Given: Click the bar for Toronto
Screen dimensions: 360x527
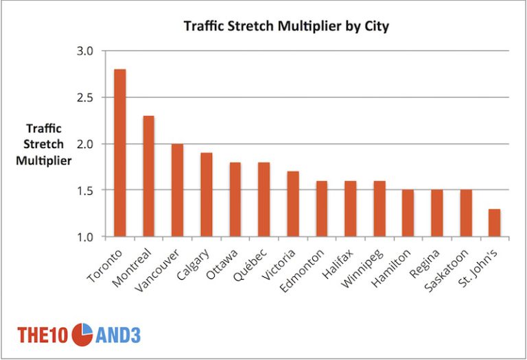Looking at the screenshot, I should click(120, 153).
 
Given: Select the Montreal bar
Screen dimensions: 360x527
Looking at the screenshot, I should click(149, 176).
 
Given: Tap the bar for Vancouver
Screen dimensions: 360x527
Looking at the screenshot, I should click(177, 190).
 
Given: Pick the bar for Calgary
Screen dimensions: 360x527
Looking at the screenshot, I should click(206, 195).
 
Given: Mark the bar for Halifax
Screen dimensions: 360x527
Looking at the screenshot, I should click(350, 208).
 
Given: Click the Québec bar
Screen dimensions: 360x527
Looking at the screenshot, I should click(263, 200).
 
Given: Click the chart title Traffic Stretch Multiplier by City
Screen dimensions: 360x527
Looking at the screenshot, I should click(287, 27).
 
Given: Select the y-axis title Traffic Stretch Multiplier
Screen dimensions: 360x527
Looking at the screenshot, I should click(45, 144).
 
